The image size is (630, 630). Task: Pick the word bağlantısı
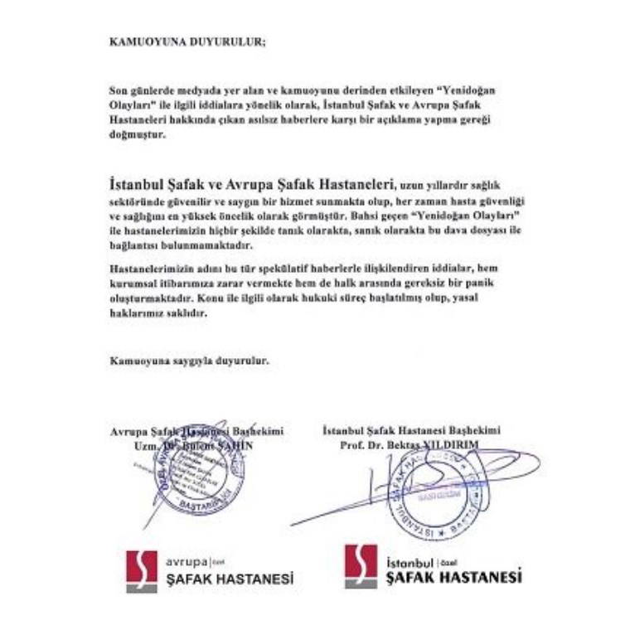[138, 247]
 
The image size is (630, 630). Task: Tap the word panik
[491, 284]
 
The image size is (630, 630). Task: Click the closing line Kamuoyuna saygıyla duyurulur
[189, 361]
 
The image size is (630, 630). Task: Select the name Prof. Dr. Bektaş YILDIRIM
[409, 445]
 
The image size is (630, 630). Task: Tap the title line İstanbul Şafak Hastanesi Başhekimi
[411, 431]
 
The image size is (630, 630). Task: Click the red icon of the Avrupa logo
[142, 571]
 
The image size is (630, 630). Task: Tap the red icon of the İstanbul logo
[361, 565]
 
